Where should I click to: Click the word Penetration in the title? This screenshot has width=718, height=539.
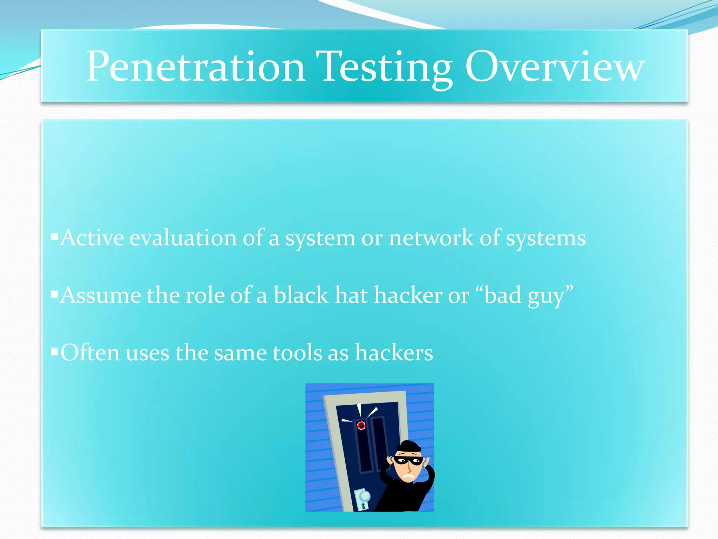tap(195, 67)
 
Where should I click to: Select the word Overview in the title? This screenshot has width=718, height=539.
tap(555, 67)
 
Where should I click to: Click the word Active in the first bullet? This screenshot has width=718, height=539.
tap(92, 238)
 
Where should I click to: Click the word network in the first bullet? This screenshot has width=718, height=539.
tap(431, 238)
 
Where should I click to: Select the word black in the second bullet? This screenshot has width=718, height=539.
tap(300, 295)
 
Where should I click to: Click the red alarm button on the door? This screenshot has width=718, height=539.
tap(361, 426)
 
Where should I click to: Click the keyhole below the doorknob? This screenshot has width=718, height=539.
tap(363, 506)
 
